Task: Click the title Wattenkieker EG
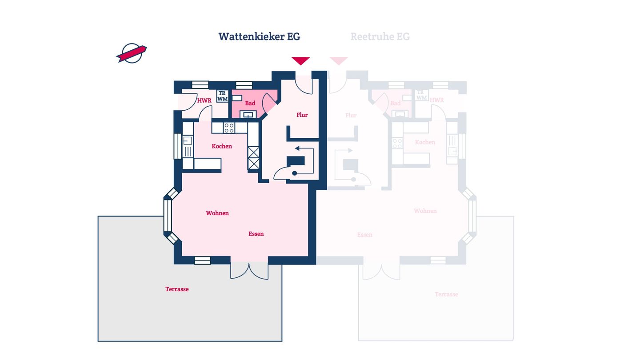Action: (259, 36)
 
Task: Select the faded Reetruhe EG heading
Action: (380, 36)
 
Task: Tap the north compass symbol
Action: (132, 53)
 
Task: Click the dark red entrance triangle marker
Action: (300, 60)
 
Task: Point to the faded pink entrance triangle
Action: (339, 60)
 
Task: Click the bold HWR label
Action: (204, 100)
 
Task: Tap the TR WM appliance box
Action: (222, 96)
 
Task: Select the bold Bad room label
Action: (250, 103)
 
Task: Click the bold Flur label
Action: (302, 115)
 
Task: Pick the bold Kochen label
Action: (222, 146)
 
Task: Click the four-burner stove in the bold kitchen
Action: (229, 128)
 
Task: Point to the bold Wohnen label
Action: (217, 213)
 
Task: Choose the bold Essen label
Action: (256, 234)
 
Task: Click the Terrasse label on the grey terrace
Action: (177, 289)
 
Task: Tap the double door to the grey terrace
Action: (249, 271)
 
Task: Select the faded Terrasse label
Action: (446, 294)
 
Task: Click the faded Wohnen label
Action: (425, 211)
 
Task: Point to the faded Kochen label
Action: (425, 142)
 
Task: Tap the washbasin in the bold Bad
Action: (248, 114)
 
